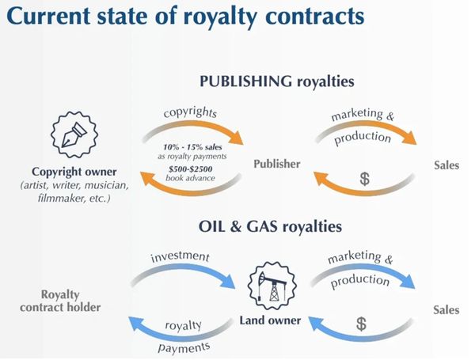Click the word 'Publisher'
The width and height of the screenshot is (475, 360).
(x=277, y=164)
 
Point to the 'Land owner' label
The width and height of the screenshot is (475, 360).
(x=272, y=320)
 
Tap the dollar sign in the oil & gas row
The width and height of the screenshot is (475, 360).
(x=361, y=324)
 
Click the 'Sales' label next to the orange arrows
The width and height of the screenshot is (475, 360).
(x=446, y=165)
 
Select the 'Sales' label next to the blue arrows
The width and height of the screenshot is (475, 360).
(x=446, y=309)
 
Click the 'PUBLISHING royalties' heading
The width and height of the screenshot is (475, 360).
(x=276, y=81)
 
